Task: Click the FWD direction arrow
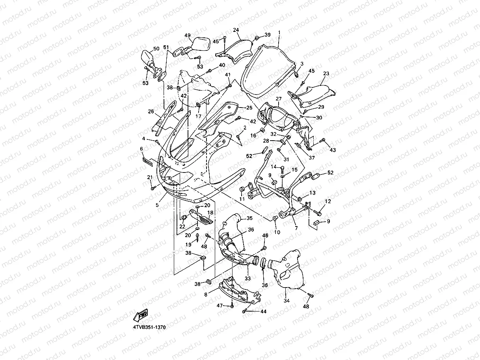tap(141, 315)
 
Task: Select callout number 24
tap(236, 30)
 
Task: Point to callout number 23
tap(326, 74)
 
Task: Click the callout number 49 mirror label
tap(188, 35)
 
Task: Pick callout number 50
tap(156, 49)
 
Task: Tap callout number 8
tap(206, 294)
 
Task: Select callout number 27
tap(279, 99)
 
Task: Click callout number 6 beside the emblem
tap(141, 149)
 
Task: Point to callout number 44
tap(263, 312)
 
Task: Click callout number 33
tap(248, 278)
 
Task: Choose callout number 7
tap(296, 228)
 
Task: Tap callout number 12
tap(327, 202)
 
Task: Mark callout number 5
tap(157, 205)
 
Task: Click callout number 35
tap(249, 218)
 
